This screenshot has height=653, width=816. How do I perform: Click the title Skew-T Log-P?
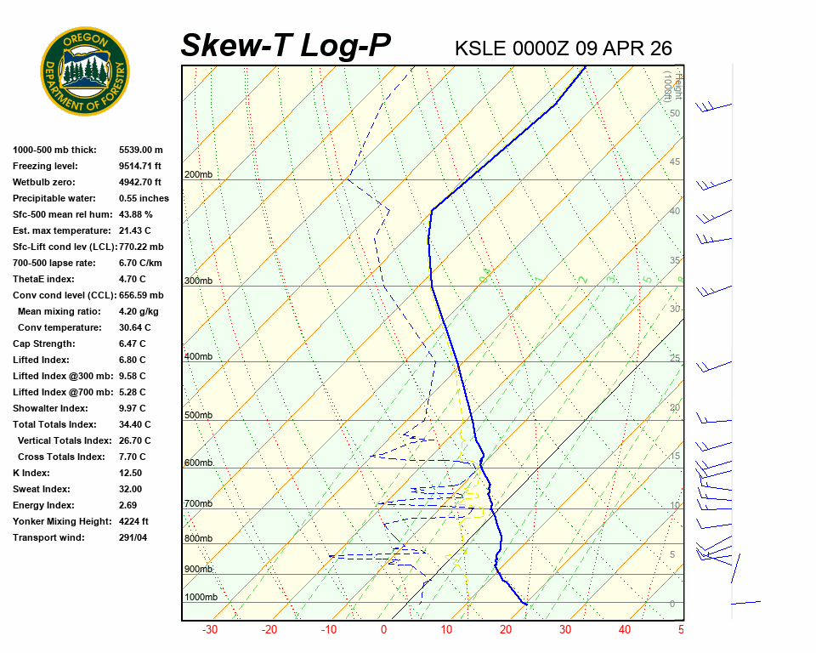point(286,45)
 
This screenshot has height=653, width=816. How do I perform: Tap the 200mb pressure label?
point(198,175)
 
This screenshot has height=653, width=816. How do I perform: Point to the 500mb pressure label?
point(198,416)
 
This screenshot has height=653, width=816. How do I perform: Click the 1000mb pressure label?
point(201,598)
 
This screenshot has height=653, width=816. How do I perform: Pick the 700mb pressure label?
point(198,504)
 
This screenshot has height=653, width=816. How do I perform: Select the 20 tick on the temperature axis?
point(505,630)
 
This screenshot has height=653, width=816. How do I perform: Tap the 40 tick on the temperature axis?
point(625,630)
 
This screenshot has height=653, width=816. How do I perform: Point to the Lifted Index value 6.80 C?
point(133,360)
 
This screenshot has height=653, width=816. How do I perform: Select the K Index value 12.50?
point(131,473)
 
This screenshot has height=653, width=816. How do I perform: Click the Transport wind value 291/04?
point(133,537)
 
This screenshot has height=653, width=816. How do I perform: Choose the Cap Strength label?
point(44,344)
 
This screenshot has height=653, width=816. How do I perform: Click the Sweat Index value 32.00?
point(131,489)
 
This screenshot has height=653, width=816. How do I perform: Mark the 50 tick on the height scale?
point(675,113)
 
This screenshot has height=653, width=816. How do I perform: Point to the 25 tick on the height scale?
point(675,358)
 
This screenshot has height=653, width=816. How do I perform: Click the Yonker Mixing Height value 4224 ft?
point(134,521)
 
